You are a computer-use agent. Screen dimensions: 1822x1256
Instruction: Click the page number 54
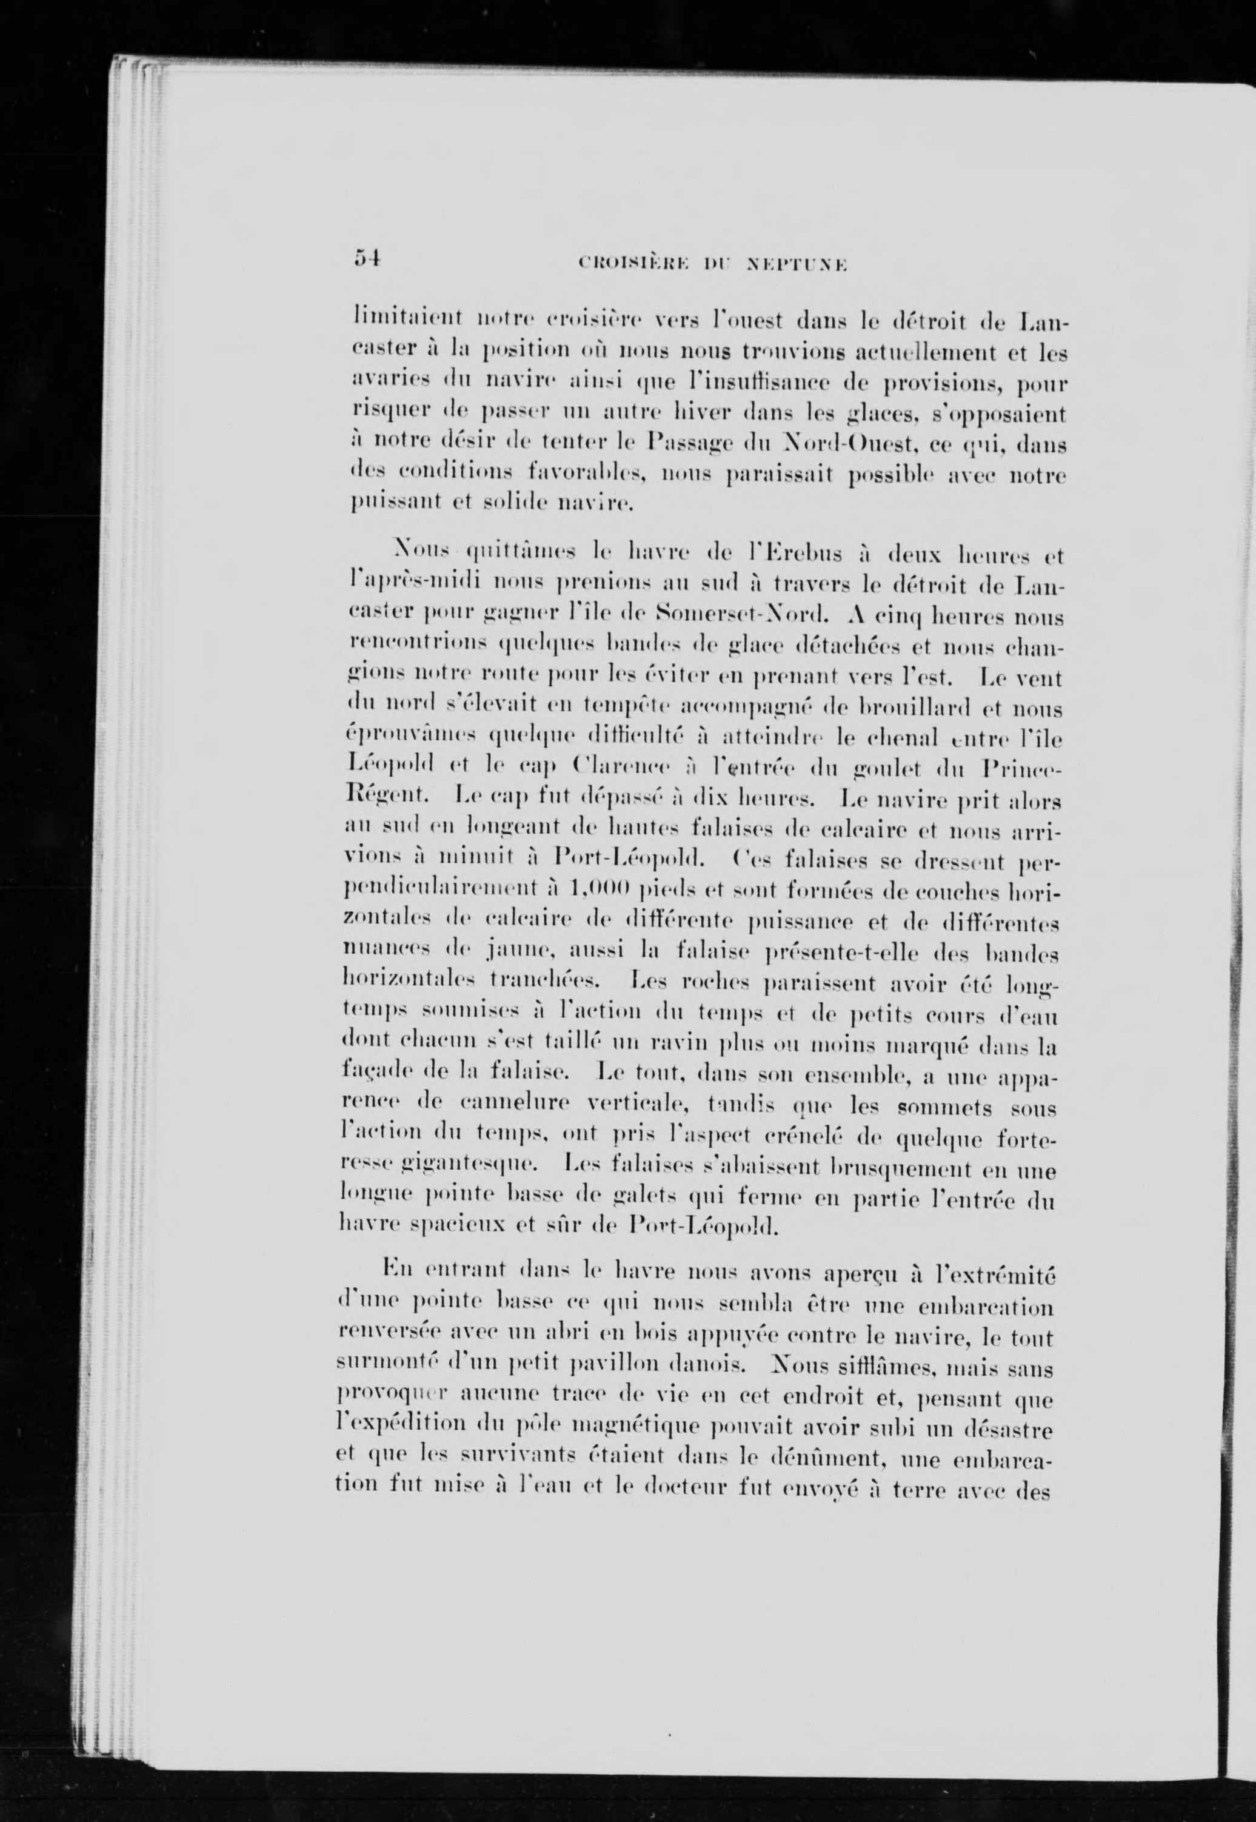(367, 258)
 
